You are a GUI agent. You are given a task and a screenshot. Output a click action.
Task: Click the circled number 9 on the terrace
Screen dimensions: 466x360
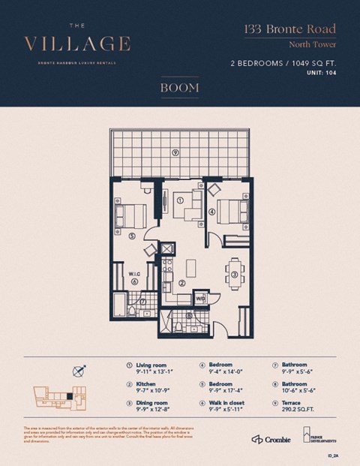point(175,152)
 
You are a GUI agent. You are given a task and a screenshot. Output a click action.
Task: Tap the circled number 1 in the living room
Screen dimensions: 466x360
point(180,200)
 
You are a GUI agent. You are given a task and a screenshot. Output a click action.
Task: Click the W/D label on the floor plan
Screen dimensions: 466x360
point(200,299)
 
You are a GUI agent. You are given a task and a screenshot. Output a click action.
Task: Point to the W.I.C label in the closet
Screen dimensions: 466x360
point(134,274)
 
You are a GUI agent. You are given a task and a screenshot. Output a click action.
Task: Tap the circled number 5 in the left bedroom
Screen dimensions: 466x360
point(132,236)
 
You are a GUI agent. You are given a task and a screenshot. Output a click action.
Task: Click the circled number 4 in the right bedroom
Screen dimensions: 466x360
point(212,212)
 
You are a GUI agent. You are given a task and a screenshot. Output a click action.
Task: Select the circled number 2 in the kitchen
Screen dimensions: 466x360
point(182,284)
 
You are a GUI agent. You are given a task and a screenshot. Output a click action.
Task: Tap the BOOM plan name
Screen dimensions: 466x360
point(179,88)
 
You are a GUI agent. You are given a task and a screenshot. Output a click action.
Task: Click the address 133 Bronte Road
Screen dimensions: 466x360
point(289,30)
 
